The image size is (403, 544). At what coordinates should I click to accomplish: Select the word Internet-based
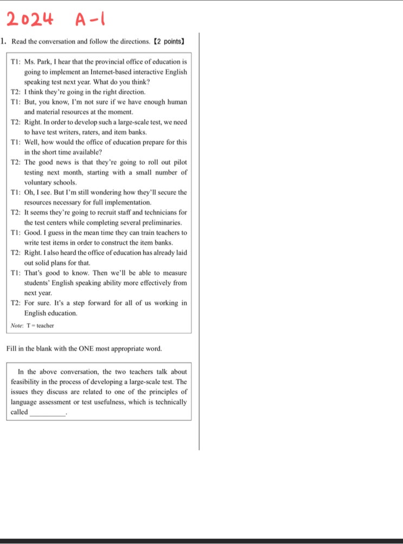point(109,72)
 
